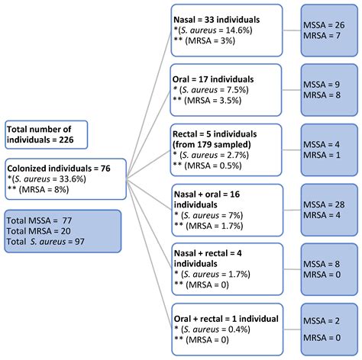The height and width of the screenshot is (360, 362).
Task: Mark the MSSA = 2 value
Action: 330,321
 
